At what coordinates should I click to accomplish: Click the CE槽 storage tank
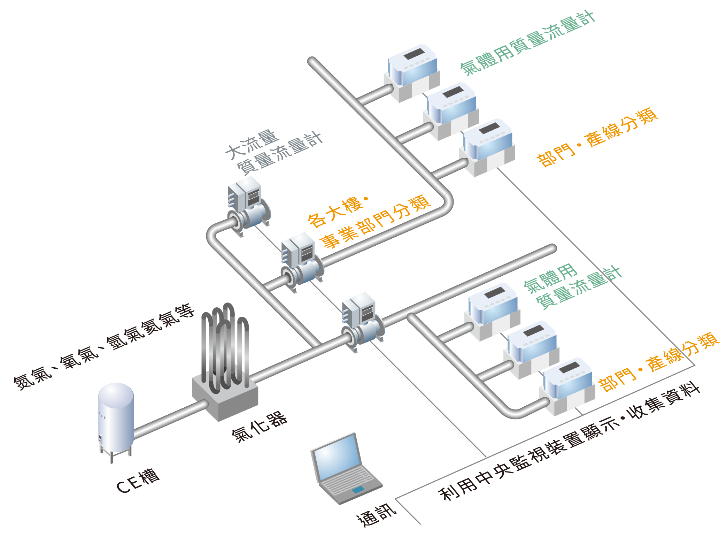(116, 418)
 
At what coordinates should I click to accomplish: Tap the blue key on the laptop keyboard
(358, 490)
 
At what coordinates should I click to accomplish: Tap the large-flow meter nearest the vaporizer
(362, 321)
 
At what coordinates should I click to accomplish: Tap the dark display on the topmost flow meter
(414, 54)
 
